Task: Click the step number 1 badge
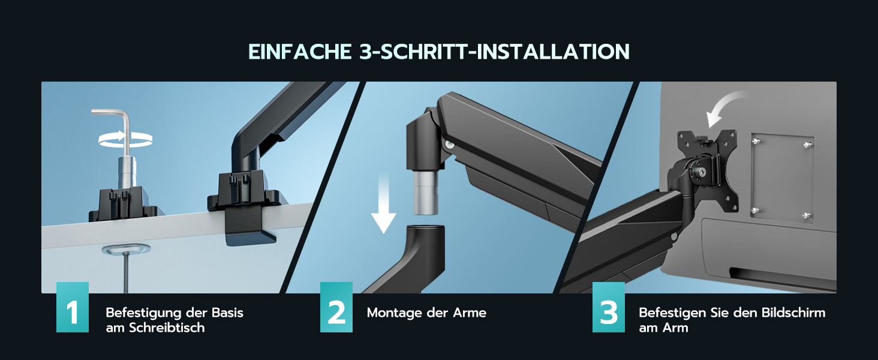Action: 73,307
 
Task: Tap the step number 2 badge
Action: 336,307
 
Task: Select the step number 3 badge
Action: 609,307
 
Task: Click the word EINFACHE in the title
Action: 300,52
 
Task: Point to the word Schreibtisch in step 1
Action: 167,328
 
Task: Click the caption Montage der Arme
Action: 426,313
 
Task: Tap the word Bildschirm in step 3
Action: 793,313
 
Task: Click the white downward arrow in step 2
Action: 383,204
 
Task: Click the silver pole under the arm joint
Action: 426,192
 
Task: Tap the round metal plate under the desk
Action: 126,249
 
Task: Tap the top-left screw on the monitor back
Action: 755,140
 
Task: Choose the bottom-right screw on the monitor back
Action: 806,215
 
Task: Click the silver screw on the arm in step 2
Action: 450,145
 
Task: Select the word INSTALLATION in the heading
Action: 553,52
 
